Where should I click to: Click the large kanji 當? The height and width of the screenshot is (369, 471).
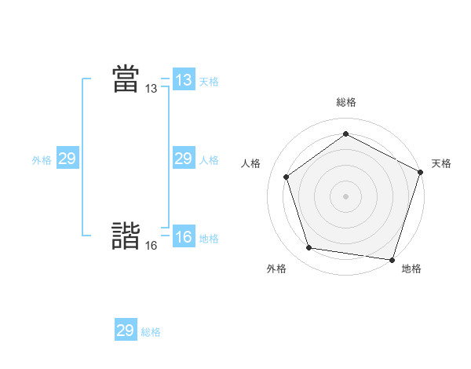coord(126,79)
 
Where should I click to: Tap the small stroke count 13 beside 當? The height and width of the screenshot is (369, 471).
coord(151,90)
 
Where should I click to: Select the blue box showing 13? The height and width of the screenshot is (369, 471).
coord(184,80)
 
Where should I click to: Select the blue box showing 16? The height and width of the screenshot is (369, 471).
coord(184,237)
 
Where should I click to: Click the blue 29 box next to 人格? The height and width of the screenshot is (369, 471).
coord(184,159)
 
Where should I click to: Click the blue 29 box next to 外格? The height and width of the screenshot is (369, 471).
coord(68,159)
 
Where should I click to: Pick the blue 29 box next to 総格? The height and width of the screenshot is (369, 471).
coord(126,330)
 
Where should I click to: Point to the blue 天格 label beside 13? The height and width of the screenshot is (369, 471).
coord(209,82)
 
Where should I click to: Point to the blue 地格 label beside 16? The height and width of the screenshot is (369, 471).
coord(209,239)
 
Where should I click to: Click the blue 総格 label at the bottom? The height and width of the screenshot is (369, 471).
coord(151,332)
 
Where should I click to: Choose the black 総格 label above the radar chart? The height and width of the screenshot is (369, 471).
coord(345,103)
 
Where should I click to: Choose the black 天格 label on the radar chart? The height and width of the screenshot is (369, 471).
coord(442,163)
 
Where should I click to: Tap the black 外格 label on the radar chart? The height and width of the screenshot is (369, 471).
coord(276,269)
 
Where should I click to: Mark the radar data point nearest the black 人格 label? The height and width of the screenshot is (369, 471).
coord(287,177)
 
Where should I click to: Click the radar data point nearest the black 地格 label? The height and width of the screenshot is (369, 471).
coord(392,259)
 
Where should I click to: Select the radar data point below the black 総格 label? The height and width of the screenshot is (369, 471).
coord(345,134)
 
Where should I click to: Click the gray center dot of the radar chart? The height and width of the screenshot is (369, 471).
coord(345,195)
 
